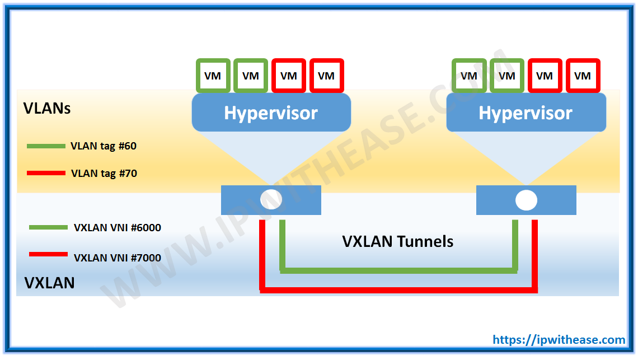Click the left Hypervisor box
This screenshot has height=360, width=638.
click(271, 113)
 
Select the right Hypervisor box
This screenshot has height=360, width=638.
click(526, 113)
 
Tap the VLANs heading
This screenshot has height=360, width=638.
click(47, 108)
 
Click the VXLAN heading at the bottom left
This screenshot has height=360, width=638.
click(49, 283)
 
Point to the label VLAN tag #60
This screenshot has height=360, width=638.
click(104, 146)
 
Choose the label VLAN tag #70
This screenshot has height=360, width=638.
click(104, 173)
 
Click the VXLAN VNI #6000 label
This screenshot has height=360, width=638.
click(118, 228)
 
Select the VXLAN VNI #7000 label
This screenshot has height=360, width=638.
click(118, 258)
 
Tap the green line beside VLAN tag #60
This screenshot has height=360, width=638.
click(46, 146)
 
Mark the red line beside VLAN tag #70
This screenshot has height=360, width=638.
click(46, 173)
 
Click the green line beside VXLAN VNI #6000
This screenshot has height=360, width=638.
click(48, 227)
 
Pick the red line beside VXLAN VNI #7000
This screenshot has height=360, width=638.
click(48, 254)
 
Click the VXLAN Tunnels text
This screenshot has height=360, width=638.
click(397, 241)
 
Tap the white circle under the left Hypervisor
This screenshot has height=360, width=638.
click(271, 200)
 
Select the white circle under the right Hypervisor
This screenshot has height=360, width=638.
click(526, 200)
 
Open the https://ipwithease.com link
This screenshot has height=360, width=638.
click(559, 340)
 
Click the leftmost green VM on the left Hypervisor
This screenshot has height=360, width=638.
click(213, 76)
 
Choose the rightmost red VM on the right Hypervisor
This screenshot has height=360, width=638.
click(583, 76)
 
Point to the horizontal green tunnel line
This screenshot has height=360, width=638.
click(398, 271)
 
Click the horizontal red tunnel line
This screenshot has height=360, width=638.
click(398, 290)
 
